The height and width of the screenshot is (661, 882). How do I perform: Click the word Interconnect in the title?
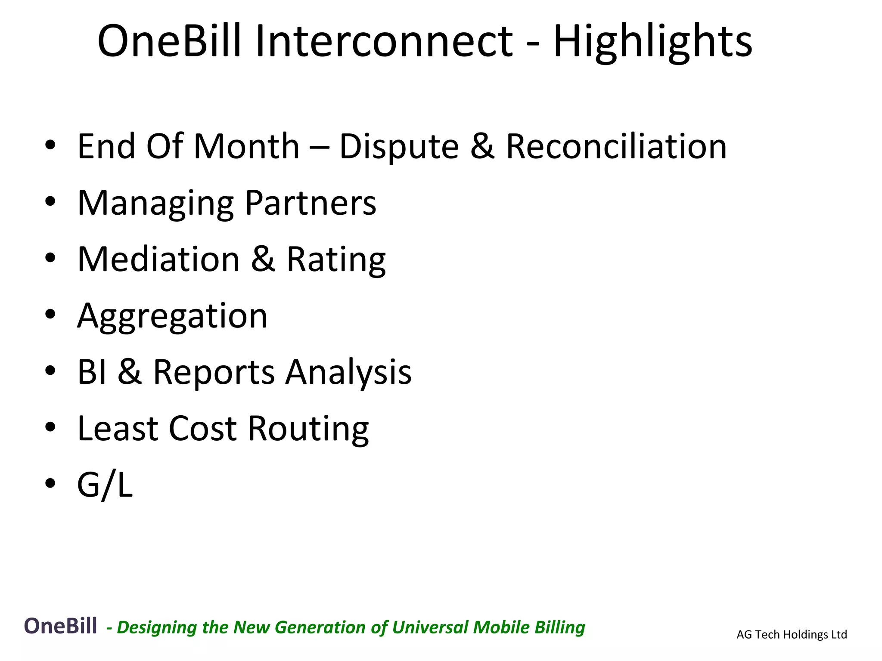click(x=384, y=41)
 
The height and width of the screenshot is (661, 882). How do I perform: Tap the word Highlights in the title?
click(x=652, y=42)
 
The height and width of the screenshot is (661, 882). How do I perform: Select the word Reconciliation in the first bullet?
click(x=616, y=146)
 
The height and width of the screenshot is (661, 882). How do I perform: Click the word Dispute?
click(x=399, y=147)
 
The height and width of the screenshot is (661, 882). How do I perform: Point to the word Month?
click(x=246, y=146)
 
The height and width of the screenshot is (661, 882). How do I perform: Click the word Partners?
click(x=311, y=203)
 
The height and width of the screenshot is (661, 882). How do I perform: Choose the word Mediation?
click(x=158, y=259)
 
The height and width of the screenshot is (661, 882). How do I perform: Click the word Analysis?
click(x=348, y=373)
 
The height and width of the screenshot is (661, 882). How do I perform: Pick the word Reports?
click(x=214, y=373)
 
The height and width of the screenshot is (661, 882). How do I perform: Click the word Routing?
click(x=308, y=429)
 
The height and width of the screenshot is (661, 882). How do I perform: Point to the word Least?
click(x=117, y=429)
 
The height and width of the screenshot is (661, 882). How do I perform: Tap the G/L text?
click(x=105, y=485)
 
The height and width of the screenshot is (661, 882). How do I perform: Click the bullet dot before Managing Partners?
click(x=50, y=202)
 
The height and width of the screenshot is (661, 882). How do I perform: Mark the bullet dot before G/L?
click(x=50, y=483)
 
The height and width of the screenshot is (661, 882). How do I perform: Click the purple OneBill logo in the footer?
click(x=60, y=626)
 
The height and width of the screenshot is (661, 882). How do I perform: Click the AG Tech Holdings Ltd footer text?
click(x=792, y=634)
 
